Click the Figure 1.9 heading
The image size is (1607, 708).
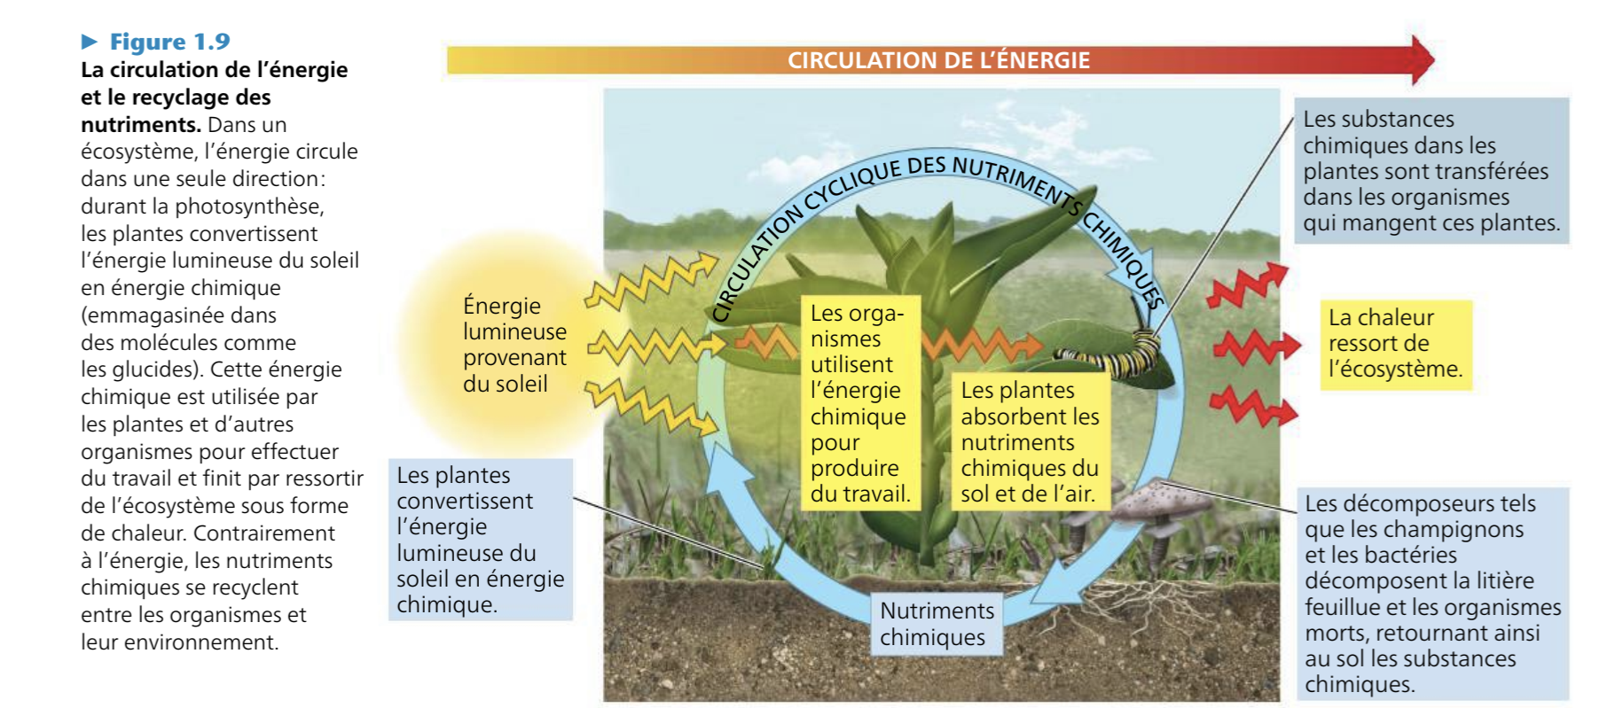coord(169,42)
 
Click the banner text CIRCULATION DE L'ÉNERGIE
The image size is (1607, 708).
coord(938,60)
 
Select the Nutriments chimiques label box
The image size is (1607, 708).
coord(937,624)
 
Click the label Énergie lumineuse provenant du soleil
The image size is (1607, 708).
coord(513,345)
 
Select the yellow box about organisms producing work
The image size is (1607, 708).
coord(859,403)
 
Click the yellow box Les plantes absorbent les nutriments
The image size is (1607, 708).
coord(1030,442)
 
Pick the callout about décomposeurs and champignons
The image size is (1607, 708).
coord(1431,594)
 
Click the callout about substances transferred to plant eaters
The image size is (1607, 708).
coord(1430,171)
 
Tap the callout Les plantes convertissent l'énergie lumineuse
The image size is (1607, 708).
coord(480,540)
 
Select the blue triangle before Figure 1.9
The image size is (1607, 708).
coord(90,42)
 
